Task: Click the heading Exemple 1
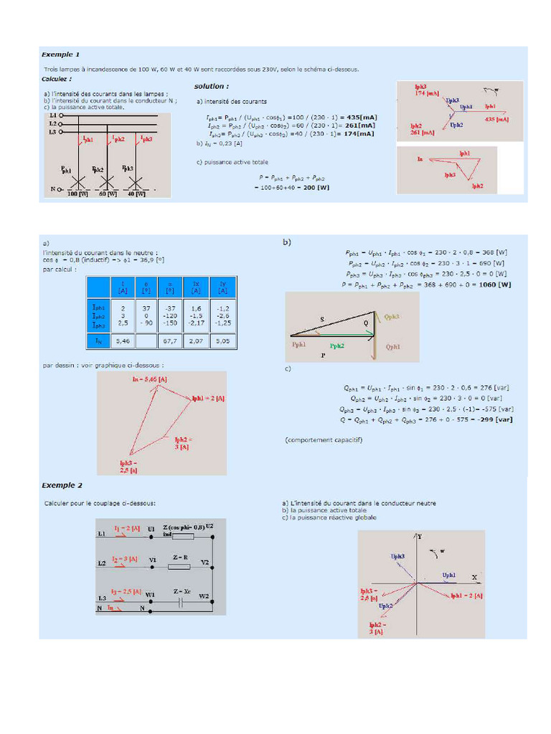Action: (x=61, y=54)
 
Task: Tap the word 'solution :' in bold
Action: (x=211, y=86)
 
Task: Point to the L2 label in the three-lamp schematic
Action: (x=52, y=123)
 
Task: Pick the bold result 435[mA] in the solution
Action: (x=361, y=117)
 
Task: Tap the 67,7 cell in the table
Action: (x=170, y=342)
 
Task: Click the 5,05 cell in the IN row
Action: (x=222, y=342)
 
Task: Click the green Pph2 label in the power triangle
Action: (x=336, y=345)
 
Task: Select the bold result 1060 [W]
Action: (x=495, y=284)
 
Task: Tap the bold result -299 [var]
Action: (x=494, y=419)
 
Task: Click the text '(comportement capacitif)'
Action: (x=324, y=439)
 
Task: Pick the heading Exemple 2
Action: (x=62, y=485)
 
